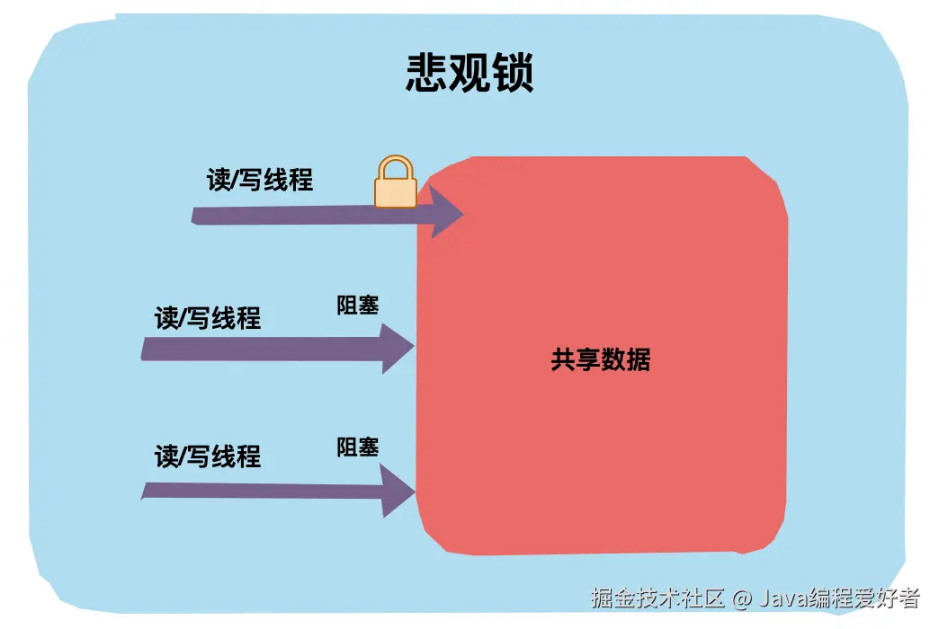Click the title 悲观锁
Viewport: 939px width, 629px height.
click(469, 74)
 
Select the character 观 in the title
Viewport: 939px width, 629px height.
click(469, 74)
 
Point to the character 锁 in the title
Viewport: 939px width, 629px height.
click(513, 74)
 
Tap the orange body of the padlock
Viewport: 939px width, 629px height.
click(395, 191)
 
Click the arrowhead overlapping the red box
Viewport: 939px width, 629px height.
click(445, 212)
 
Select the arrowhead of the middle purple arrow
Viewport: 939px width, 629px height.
click(398, 348)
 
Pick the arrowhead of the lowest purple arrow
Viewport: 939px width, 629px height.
click(398, 491)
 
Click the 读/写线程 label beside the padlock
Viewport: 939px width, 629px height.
click(260, 180)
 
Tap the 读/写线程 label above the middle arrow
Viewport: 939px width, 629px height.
click(208, 318)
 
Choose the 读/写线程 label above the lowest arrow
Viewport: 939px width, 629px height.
click(208, 456)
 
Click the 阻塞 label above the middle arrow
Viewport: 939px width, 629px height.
click(358, 306)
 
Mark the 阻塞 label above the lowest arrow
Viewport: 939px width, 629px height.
click(358, 447)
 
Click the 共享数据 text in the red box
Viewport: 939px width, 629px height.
click(600, 360)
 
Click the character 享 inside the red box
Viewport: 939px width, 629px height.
click(588, 360)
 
